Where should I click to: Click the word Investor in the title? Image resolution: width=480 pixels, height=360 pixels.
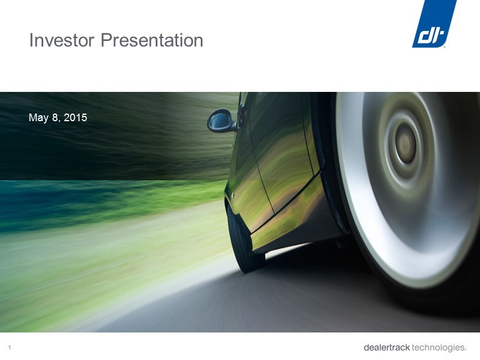click(61, 40)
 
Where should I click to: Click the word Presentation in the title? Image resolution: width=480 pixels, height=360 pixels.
click(152, 40)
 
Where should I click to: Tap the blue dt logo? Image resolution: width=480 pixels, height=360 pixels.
click(434, 24)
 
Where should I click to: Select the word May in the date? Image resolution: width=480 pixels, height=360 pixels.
click(39, 118)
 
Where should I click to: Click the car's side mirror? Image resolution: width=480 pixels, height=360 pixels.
click(221, 121)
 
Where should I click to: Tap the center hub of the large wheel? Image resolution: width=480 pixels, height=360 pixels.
click(406, 143)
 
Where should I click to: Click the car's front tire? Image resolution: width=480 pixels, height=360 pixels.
click(244, 239)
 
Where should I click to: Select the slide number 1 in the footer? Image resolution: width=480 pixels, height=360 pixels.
click(10, 348)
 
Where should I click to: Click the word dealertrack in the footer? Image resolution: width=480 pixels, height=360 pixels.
click(386, 348)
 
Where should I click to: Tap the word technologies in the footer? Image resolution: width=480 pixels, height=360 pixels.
click(438, 348)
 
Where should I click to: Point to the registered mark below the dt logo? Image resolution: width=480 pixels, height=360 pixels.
click(444, 47)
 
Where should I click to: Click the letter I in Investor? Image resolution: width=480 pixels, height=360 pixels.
click(31, 40)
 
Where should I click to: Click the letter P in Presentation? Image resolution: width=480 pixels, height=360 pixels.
click(106, 40)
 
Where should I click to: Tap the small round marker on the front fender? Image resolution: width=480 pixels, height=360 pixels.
click(232, 195)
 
